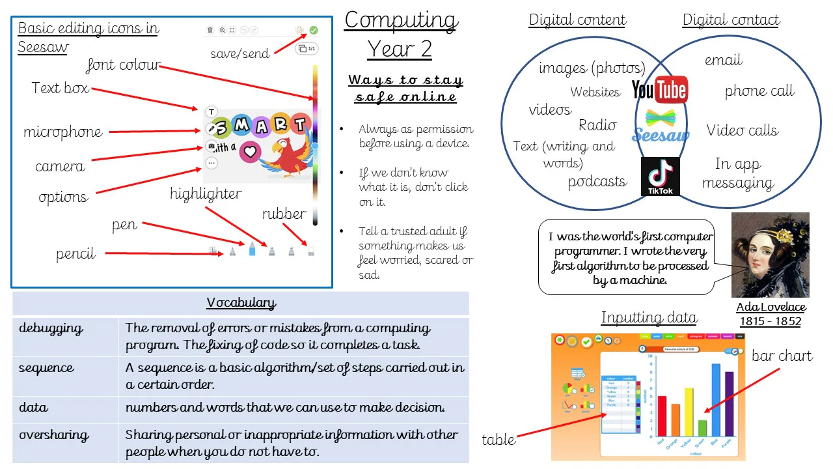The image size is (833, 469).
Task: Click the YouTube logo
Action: point(660,90)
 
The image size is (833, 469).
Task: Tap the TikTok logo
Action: point(660,177)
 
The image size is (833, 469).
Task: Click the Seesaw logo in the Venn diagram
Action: point(661,126)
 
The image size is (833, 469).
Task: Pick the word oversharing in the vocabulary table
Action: point(54,435)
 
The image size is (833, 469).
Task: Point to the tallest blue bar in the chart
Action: point(716,398)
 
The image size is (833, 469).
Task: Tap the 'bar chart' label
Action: point(782,356)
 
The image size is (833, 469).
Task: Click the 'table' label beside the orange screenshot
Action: point(498,440)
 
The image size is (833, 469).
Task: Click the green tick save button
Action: point(314,30)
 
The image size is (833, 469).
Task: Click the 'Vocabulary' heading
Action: point(241,303)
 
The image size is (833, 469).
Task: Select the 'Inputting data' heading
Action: point(648,318)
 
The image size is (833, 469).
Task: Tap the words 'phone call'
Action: point(759,91)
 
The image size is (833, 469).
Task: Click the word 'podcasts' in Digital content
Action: point(597,182)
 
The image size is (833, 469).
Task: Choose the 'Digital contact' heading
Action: point(731,20)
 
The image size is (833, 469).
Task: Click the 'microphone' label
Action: point(63,132)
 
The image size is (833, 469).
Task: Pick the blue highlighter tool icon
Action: point(253,249)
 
